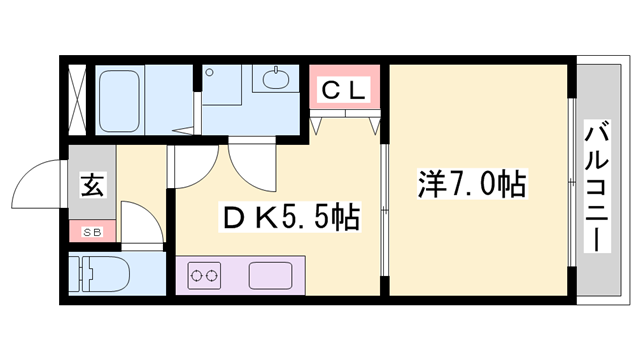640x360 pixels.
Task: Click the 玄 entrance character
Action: point(92,187)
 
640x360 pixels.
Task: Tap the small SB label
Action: point(92,233)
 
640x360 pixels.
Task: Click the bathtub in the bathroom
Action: point(135,100)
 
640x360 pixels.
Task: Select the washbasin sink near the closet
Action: point(273,80)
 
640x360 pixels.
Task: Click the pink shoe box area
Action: point(92,233)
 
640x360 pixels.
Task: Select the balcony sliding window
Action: point(572,180)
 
